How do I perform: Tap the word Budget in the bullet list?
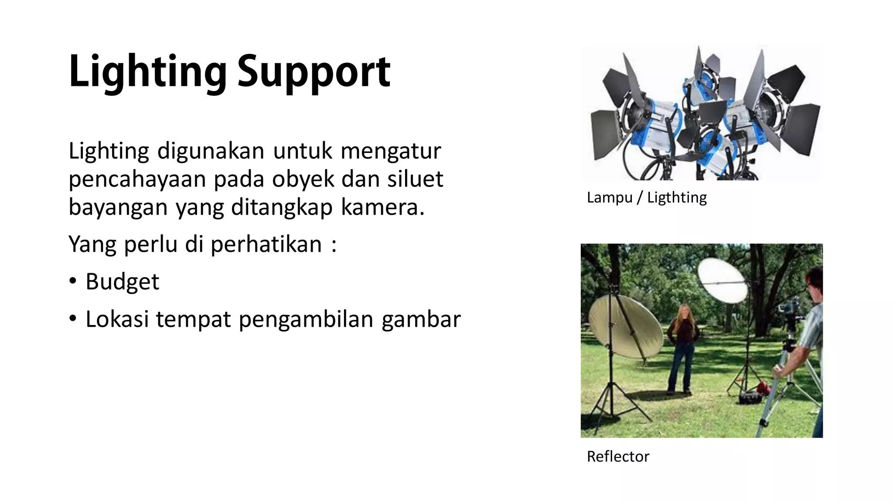122,282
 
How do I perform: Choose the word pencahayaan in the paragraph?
137,179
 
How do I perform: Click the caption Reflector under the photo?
618,456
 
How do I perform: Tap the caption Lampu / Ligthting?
647,197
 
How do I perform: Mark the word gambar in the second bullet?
421,319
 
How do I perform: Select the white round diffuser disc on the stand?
722,281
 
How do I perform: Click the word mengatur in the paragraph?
391,151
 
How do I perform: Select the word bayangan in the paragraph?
118,207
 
